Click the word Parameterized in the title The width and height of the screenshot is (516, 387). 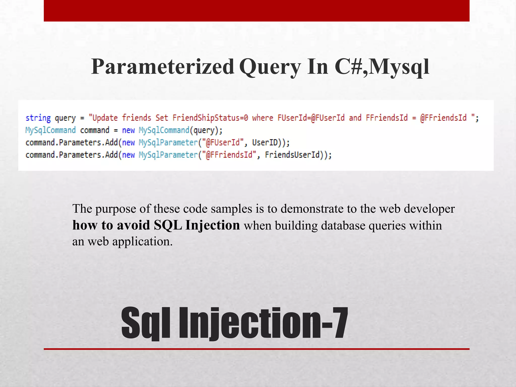pos(163,67)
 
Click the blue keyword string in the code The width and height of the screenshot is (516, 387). pos(38,118)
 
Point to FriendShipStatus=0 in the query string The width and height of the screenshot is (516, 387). pos(210,118)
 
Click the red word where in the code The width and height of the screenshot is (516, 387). pos(263,118)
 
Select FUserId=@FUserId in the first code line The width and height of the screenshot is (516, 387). pos(311,118)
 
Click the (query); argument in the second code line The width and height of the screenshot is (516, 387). pos(206,130)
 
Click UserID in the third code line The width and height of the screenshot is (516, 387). pos(265,143)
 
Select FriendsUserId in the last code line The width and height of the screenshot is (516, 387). pos(292,155)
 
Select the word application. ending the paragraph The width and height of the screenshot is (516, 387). pos(142,241)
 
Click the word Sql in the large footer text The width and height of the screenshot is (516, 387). pos(146,323)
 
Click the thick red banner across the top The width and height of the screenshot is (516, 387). pos(256,11)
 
